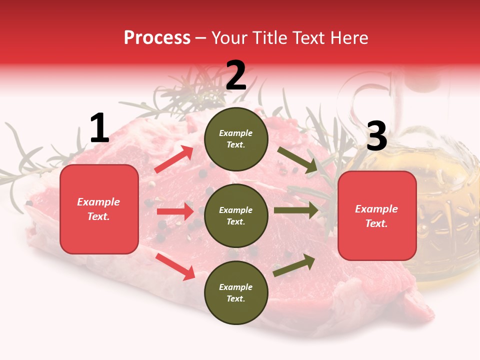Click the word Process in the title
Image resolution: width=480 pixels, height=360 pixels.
pos(157,38)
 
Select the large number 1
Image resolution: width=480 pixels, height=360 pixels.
pos(99,128)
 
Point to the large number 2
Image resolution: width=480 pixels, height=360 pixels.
pos(236,75)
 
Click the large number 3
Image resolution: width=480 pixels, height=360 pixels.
pos(376,136)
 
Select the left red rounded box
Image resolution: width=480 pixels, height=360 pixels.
pos(99,209)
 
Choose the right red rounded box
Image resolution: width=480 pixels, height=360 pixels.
pos(377,216)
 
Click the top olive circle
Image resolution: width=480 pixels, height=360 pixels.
pos(236,139)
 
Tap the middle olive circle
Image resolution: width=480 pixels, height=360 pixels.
pos(236,215)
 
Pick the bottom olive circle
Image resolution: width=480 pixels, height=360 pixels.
pos(236,292)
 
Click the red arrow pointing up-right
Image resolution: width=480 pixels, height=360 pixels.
pos(174,159)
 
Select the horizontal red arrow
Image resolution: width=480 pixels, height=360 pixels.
pos(175,211)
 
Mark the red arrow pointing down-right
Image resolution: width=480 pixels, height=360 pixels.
pos(175,266)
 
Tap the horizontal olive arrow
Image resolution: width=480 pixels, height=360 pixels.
pos(296,210)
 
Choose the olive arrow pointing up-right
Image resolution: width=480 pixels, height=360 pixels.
pos(294,265)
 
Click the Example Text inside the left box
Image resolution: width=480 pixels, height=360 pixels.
pos(99,209)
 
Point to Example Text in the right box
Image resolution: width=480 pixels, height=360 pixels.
pos(377,216)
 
